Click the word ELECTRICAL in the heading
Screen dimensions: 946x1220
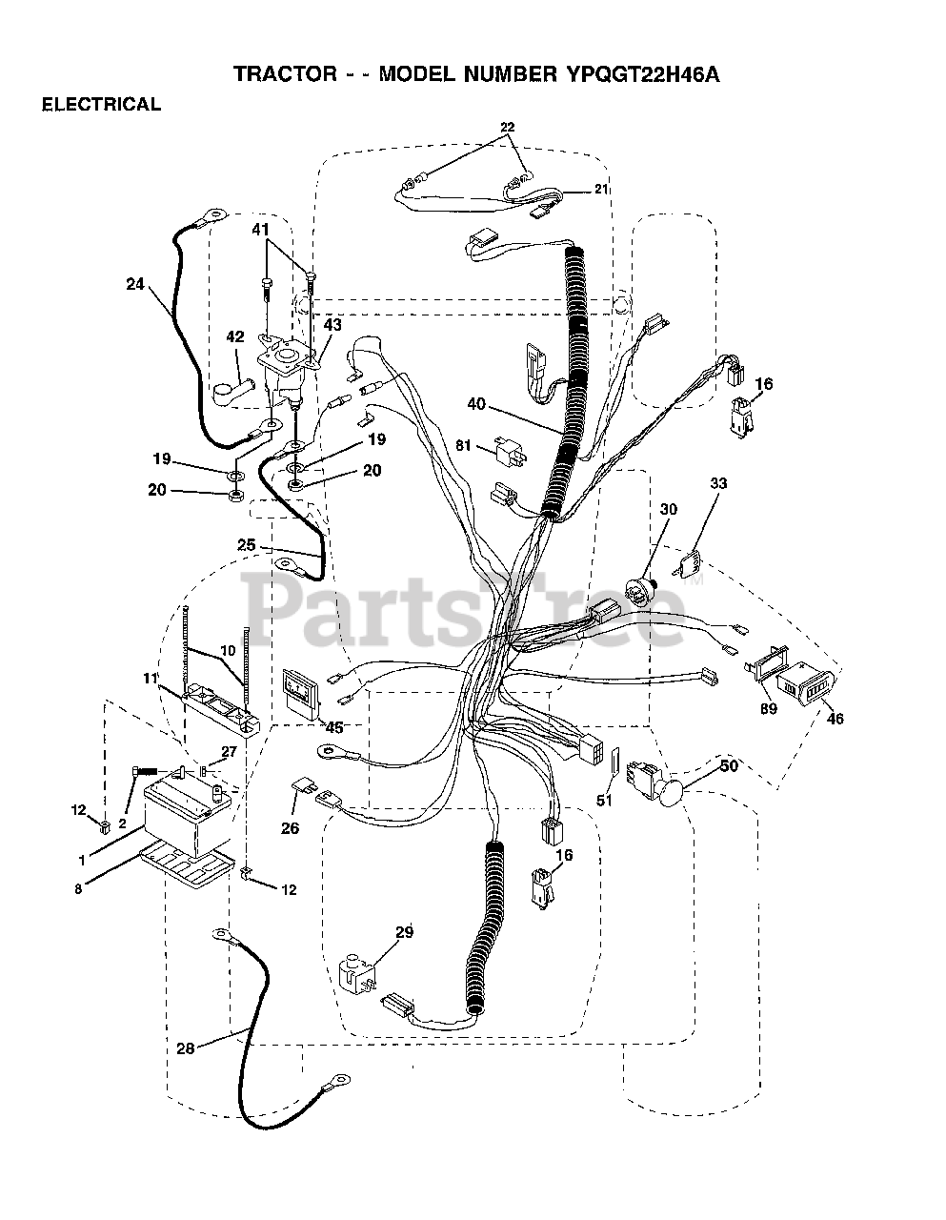point(101,106)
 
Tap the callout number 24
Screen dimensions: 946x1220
point(134,282)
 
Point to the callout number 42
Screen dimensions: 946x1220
point(234,336)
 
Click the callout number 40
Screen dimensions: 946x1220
point(476,404)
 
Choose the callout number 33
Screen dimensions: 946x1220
point(717,484)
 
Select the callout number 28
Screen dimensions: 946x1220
point(186,1048)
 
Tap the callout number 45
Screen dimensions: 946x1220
point(333,727)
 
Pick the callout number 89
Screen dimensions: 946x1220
point(769,708)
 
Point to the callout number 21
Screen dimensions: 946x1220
point(600,189)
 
